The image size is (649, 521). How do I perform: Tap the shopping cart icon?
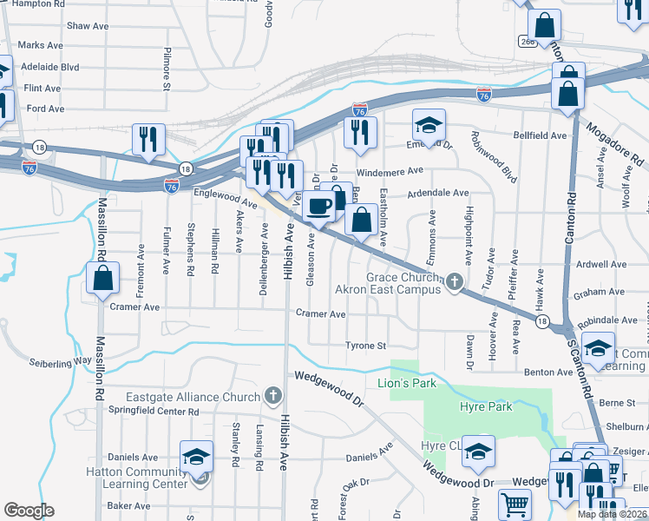click(515, 504)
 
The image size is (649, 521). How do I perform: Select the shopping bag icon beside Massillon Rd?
click(102, 279)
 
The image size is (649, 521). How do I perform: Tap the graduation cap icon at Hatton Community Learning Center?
click(197, 457)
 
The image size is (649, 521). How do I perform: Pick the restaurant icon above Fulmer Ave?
click(148, 140)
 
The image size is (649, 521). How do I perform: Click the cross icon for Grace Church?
click(452, 282)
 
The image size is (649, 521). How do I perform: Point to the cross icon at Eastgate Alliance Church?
click(272, 397)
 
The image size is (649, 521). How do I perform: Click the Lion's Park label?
click(405, 382)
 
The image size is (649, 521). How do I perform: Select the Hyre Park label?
click(486, 406)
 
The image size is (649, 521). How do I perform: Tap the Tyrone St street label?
click(365, 346)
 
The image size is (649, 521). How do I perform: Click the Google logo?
click(29, 511)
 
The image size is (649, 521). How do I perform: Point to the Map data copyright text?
click(612, 514)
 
